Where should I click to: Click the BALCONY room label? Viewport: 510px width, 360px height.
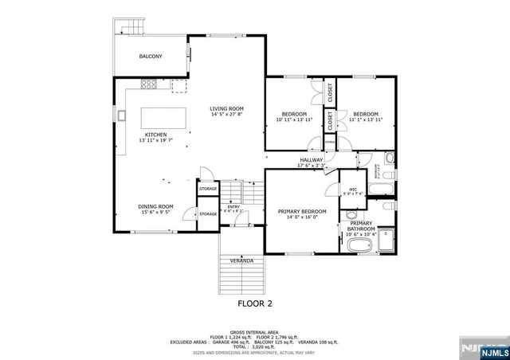point(150,57)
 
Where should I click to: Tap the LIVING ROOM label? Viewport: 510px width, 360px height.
point(226,108)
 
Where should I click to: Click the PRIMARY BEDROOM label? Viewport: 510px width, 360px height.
point(297,211)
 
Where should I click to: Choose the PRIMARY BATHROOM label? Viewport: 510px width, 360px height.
point(361,225)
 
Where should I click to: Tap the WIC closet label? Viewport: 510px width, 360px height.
point(352,187)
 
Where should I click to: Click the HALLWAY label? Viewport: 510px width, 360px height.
point(311,160)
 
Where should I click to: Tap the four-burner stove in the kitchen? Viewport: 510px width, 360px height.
point(149,84)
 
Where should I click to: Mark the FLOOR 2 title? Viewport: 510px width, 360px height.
point(256,303)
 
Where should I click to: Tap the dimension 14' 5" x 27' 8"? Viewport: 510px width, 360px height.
point(226,115)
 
